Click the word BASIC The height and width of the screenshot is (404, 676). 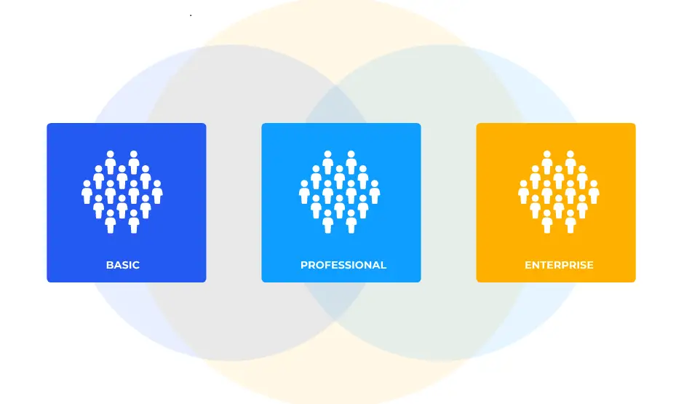(123, 265)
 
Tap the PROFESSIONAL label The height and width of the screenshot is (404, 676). (343, 265)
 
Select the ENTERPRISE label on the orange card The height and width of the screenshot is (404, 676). (559, 265)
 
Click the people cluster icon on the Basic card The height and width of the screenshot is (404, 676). (122, 192)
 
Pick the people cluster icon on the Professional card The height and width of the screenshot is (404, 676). (339, 192)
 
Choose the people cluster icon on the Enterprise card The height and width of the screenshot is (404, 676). (559, 192)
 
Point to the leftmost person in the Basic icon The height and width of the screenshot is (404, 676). (87, 192)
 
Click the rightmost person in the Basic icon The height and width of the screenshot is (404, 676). (157, 192)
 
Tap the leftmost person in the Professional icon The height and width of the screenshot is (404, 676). (304, 192)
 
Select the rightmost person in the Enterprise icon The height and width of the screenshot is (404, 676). (594, 192)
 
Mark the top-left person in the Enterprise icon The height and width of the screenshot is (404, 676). (547, 162)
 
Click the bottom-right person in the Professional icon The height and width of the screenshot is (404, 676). (351, 221)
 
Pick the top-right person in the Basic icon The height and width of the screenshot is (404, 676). (134, 162)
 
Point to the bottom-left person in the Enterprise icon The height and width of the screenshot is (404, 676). (547, 221)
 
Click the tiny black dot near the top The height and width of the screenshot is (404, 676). (191, 15)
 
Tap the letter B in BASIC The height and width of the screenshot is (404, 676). (109, 265)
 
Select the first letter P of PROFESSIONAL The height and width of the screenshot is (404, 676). (304, 265)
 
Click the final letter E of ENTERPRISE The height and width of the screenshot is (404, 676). (590, 265)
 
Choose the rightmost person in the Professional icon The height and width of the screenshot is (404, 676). (375, 192)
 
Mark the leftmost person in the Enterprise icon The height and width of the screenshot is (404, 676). (524, 192)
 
